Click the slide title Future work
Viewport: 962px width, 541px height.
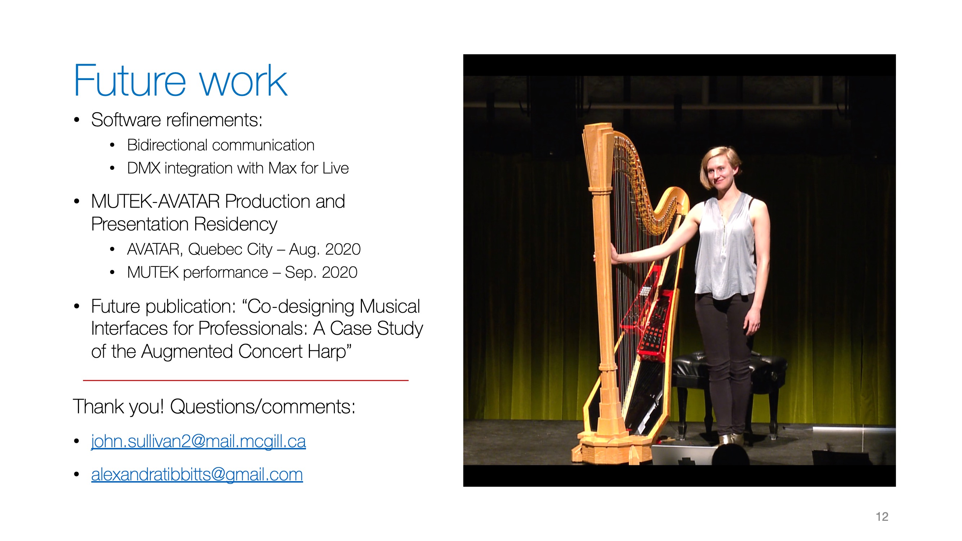180,81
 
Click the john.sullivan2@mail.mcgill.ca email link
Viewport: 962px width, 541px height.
198,441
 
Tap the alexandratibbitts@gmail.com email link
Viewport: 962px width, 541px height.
197,475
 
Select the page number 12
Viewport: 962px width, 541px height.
882,517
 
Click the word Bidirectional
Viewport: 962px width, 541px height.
167,145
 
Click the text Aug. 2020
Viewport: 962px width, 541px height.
325,249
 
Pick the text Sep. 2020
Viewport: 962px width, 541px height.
321,272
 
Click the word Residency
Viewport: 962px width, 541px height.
235,224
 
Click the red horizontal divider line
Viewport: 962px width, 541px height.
246,380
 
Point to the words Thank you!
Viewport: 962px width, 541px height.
118,406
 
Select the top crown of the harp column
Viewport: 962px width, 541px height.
598,132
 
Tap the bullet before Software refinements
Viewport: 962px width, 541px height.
77,120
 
